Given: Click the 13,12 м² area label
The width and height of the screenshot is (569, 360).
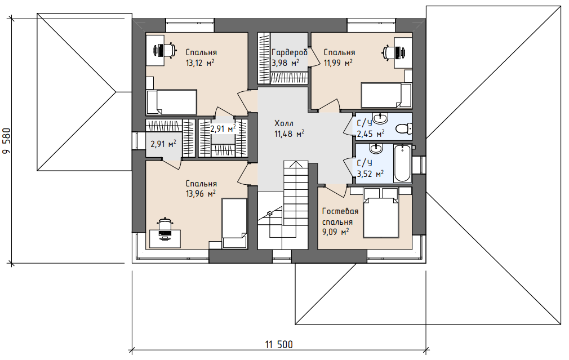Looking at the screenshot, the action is (x=200, y=63).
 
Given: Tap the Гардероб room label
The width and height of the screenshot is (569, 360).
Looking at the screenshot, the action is (x=290, y=52).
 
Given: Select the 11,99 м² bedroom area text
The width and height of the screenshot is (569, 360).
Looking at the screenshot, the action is (x=338, y=63).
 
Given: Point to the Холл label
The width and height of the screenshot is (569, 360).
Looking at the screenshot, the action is (x=284, y=123).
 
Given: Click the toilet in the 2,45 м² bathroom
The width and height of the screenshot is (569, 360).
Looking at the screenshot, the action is (x=403, y=128).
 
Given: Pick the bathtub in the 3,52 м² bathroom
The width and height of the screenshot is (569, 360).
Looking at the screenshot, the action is (x=402, y=163).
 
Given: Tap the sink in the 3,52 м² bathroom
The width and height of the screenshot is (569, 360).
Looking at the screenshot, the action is (x=375, y=148).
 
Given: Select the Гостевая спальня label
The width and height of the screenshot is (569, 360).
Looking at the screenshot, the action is (x=340, y=216).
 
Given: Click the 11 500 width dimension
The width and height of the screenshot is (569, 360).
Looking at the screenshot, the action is (x=279, y=344).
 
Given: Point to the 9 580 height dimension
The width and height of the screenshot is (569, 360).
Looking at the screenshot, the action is (x=7, y=141).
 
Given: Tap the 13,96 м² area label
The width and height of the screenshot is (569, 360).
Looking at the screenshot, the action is (x=201, y=194).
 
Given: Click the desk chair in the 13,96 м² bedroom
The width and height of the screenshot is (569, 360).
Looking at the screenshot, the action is (x=165, y=224).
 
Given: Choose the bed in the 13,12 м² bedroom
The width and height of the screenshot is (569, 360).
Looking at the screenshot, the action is (x=171, y=102).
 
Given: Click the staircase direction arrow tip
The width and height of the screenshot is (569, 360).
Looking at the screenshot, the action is (x=296, y=162).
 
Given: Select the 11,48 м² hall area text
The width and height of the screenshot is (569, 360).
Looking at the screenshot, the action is (x=289, y=134).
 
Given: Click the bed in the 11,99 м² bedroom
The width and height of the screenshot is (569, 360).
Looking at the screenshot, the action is (x=386, y=95).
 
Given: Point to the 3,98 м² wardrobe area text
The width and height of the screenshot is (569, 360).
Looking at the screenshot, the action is (x=285, y=63).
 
